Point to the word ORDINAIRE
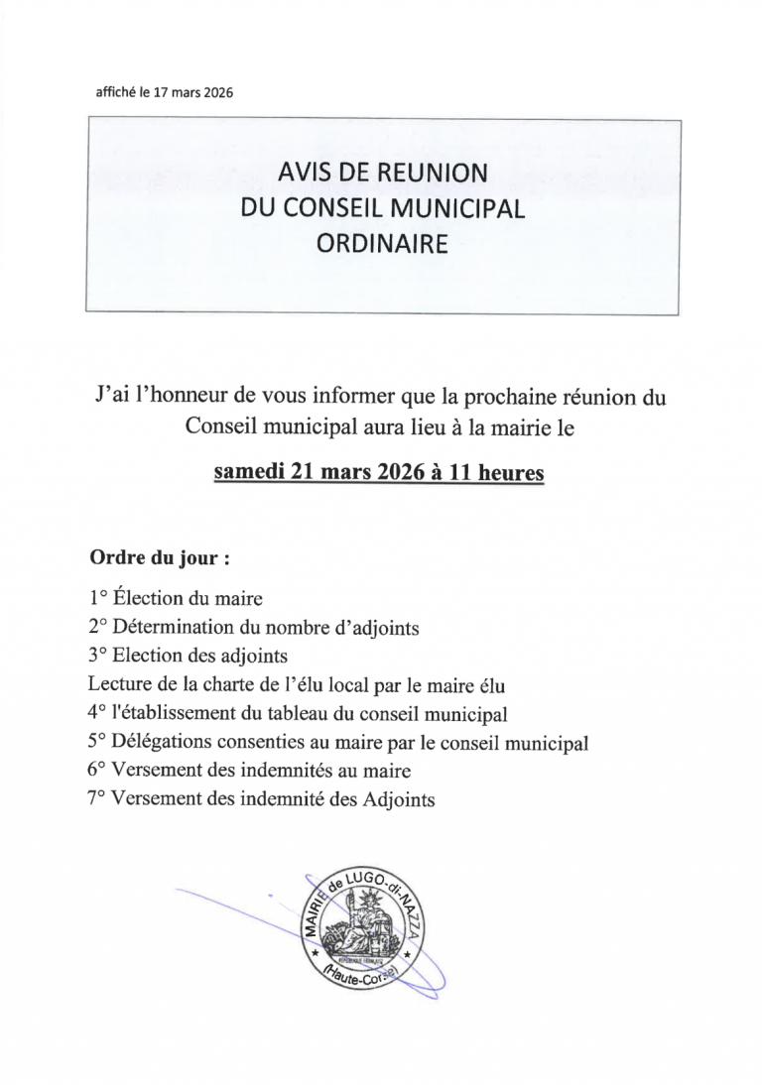[383, 243]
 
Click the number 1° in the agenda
[97, 598]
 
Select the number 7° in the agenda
[97, 799]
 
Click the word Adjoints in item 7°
[401, 799]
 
